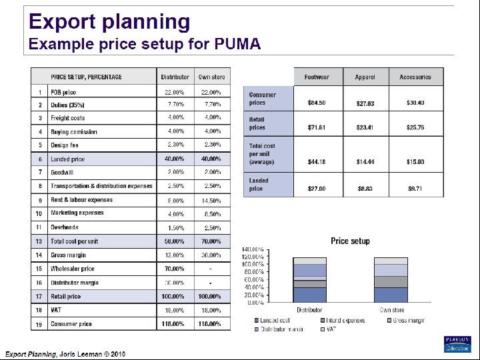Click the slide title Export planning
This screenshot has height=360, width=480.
[109, 22]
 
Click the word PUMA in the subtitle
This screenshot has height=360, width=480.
[238, 45]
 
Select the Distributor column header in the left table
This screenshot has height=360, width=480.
[175, 77]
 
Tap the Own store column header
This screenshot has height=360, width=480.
[211, 77]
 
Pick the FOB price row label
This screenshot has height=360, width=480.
[63, 92]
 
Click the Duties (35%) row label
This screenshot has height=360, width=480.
[67, 105]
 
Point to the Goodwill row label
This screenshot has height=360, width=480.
[63, 172]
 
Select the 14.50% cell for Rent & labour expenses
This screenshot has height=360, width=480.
[211, 200]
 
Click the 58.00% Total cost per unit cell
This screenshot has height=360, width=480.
[175, 241]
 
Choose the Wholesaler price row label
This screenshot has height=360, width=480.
[73, 269]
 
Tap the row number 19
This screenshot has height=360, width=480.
[39, 324]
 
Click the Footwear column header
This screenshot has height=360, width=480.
[317, 77]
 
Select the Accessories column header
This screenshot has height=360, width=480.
[415, 77]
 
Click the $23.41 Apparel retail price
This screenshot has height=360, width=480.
[365, 128]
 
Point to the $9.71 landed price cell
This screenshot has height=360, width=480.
[415, 189]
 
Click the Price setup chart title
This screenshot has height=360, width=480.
[350, 241]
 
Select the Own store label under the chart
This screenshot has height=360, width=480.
[392, 310]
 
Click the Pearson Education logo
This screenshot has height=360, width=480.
[457, 343]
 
